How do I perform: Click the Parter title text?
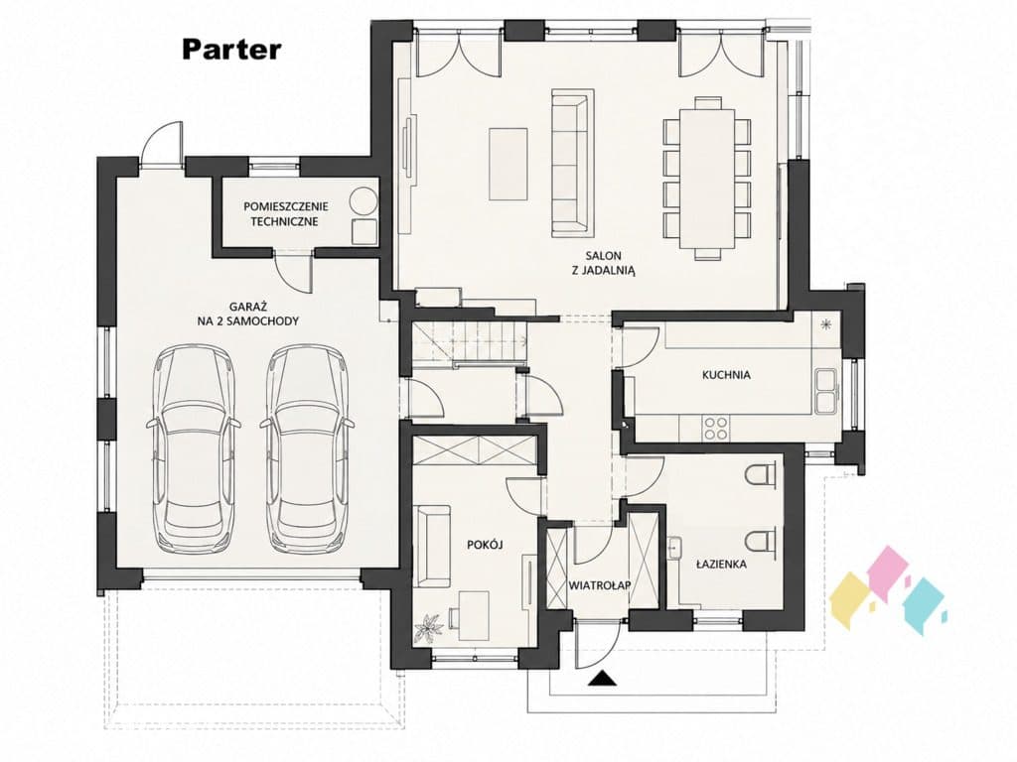[231, 50]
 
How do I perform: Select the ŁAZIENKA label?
[721, 564]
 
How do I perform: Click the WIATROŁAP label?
[600, 585]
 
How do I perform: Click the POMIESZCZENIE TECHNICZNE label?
[286, 214]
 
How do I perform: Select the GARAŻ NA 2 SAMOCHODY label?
[247, 313]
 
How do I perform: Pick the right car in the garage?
[307, 448]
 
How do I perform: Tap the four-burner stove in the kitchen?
[716, 428]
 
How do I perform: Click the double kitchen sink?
[826, 390]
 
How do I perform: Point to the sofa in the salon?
[573, 162]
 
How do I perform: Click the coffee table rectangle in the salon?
[508, 164]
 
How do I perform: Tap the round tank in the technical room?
[363, 200]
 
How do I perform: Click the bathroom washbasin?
[675, 548]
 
